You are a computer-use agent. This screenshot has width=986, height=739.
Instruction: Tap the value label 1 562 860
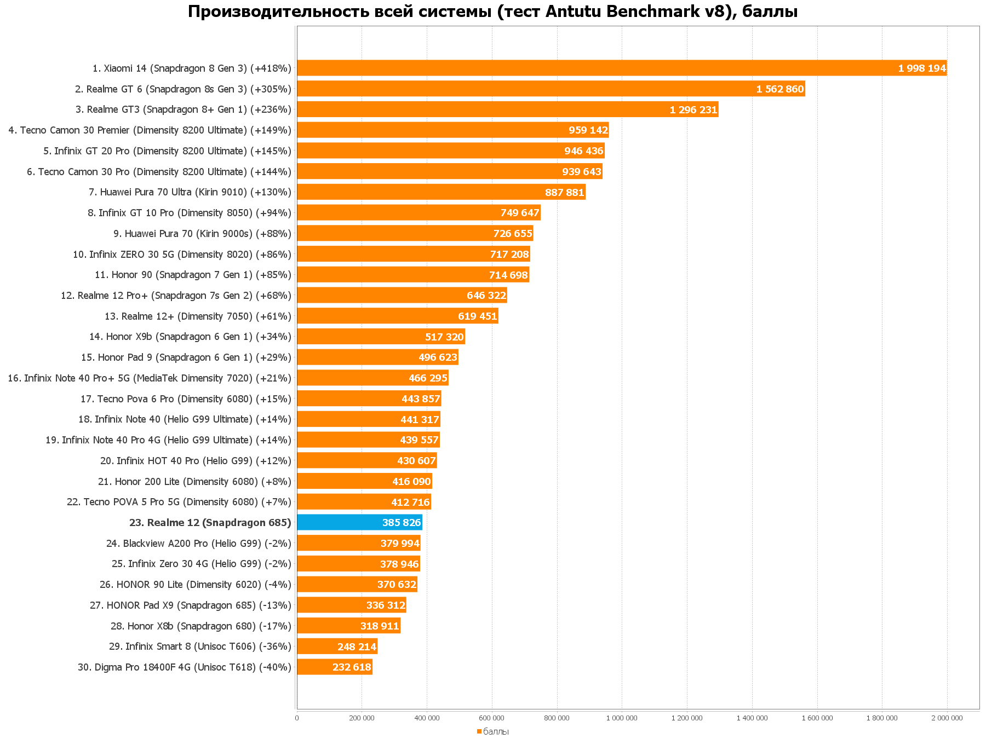[779, 89]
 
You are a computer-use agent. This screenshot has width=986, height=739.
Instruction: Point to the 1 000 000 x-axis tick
[622, 718]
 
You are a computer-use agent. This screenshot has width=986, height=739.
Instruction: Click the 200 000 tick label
[362, 718]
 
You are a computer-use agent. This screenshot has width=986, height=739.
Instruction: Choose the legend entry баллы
[495, 732]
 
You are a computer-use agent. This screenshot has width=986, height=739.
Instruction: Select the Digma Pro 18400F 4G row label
[185, 667]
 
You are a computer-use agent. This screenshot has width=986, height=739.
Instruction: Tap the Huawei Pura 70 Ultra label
[190, 192]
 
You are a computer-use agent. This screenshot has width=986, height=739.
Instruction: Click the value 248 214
[357, 647]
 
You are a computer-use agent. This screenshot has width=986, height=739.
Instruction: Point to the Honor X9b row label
[190, 337]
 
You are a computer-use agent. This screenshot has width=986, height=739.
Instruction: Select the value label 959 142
[588, 130]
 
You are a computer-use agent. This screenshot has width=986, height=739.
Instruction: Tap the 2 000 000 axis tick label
[947, 718]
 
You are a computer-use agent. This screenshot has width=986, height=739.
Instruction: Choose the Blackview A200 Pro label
[199, 544]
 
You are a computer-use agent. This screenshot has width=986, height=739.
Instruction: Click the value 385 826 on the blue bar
[401, 523]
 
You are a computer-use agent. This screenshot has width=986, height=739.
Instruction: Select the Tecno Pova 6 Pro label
[186, 399]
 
